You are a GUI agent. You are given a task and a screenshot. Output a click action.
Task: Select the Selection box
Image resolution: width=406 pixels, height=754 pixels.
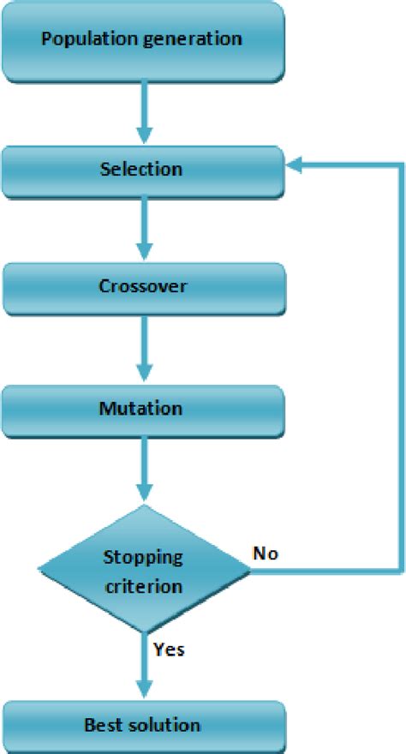[142, 169]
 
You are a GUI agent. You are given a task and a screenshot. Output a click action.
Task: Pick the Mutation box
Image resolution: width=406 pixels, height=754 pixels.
[142, 409]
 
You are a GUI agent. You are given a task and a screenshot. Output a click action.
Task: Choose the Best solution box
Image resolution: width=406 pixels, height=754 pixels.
[142, 726]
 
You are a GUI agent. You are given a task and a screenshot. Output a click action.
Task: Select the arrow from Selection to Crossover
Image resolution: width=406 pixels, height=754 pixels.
[144, 229]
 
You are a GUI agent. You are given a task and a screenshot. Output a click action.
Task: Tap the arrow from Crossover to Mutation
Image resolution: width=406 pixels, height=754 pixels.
[144, 348]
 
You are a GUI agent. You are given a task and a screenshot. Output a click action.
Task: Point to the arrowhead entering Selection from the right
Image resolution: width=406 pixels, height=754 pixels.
[295, 169]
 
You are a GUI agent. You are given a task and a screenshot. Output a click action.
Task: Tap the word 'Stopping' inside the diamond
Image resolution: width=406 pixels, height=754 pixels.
[143, 557]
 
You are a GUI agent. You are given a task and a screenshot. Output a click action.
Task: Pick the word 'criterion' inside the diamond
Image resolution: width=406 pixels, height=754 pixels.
[143, 587]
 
